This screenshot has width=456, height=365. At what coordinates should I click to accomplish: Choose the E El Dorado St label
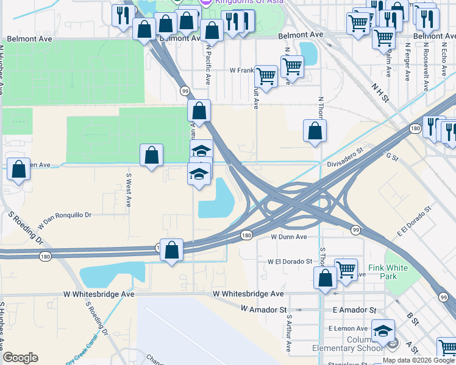coord(414,221)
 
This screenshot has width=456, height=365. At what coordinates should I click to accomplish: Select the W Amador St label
coord(263,310)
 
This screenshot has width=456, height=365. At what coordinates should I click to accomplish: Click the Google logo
coord(20,358)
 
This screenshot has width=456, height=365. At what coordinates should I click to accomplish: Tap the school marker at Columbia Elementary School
coord(383,332)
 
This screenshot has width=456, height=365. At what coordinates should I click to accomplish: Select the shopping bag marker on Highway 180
coord(172,249)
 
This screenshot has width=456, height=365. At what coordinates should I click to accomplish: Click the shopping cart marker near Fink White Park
coord(346,268)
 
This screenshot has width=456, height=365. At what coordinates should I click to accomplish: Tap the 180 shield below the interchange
coord(246,235)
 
